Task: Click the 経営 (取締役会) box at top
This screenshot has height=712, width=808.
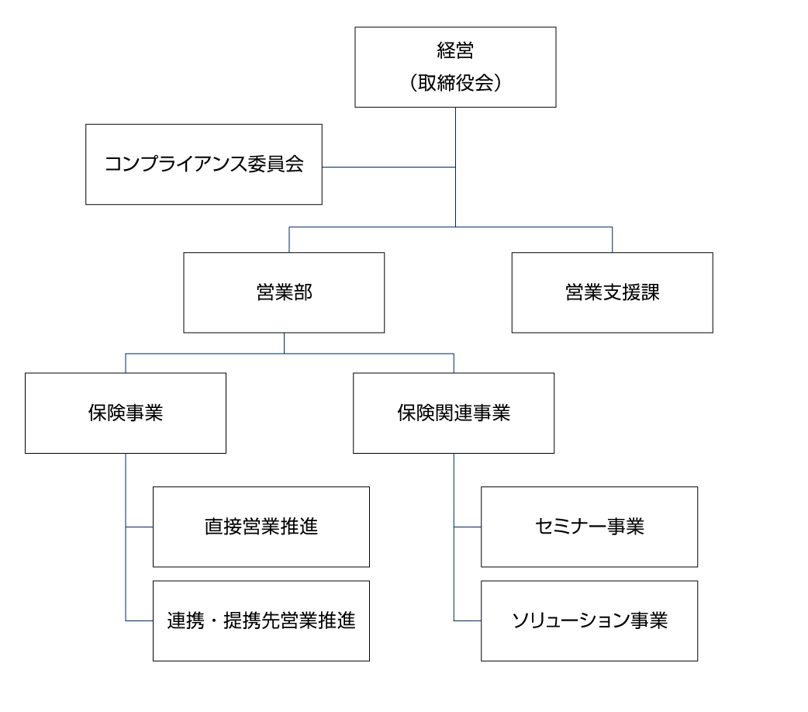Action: (455, 67)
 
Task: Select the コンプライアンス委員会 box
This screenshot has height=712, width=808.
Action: (203, 164)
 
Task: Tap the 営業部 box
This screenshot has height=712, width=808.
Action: (284, 292)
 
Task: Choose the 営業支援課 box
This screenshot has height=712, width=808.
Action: (612, 292)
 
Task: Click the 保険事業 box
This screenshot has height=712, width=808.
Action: (126, 413)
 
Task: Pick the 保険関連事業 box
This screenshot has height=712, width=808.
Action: (454, 413)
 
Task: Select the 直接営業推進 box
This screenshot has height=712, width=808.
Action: (261, 527)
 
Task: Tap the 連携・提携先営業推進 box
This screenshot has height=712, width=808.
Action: (261, 620)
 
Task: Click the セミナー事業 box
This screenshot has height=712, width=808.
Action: (589, 527)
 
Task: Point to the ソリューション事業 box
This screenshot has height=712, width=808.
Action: (589, 620)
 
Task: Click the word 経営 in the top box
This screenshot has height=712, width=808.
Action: (455, 51)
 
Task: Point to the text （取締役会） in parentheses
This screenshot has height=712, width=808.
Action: (455, 83)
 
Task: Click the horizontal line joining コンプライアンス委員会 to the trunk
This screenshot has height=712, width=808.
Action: (388, 167)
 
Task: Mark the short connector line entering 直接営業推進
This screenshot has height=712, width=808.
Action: (140, 527)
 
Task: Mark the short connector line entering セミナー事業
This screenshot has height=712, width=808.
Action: (468, 527)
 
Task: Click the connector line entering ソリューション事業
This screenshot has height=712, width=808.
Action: (468, 620)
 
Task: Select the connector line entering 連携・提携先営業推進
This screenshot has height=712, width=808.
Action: (140, 620)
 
